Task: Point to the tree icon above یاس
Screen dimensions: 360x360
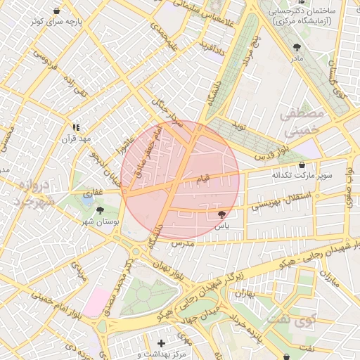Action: click(222, 214)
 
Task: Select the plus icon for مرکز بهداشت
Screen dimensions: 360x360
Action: click(162, 343)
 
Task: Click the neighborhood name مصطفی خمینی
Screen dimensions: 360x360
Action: click(302, 121)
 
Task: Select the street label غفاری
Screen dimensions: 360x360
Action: click(93, 191)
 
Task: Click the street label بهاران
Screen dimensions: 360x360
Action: click(245, 293)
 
